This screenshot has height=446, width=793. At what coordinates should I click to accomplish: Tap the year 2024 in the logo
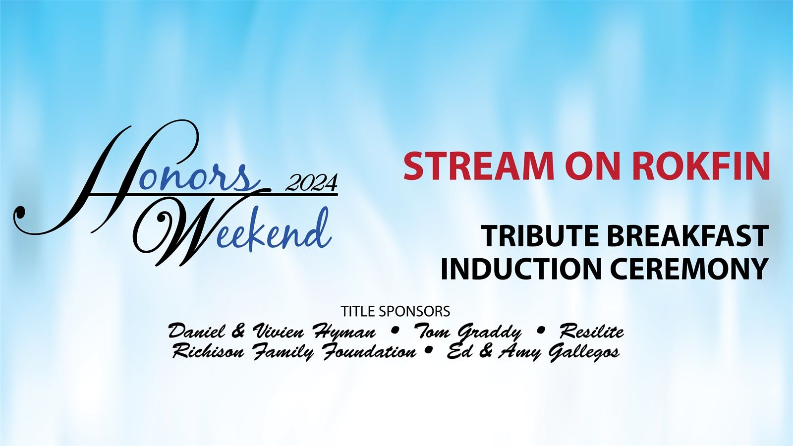pyautogui.click(x=312, y=183)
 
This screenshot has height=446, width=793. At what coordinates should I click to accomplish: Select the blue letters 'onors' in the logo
pyautogui.click(x=200, y=177)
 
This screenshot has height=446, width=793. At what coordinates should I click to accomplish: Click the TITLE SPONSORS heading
pyautogui.click(x=396, y=312)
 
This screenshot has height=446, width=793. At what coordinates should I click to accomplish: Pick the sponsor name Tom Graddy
pyautogui.click(x=468, y=333)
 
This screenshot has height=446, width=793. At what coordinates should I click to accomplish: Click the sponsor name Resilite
pyautogui.click(x=592, y=332)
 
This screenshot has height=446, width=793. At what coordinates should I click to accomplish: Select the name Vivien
pyautogui.click(x=278, y=332)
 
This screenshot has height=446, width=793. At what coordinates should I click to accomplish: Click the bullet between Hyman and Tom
pyautogui.click(x=395, y=332)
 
